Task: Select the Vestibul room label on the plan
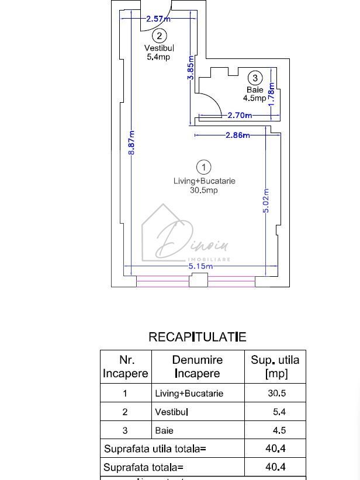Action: pos(159,48)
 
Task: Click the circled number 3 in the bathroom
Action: pos(255,78)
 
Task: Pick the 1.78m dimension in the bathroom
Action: pos(271,93)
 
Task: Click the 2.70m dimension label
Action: pos(240,115)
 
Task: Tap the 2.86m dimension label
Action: pos(237,135)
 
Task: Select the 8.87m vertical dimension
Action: pos(132,142)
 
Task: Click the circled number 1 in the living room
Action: pos(204,168)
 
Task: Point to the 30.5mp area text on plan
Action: pos(204,190)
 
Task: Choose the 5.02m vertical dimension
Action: pos(266,200)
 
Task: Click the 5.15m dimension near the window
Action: pos(200,266)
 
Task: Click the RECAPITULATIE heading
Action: pos(198,337)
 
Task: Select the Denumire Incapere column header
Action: pos(197,367)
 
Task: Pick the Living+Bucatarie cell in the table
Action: pos(189,394)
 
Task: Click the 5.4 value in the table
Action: pos(279,412)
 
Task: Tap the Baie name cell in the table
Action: pos(164,431)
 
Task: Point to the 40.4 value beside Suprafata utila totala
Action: pos(275,449)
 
